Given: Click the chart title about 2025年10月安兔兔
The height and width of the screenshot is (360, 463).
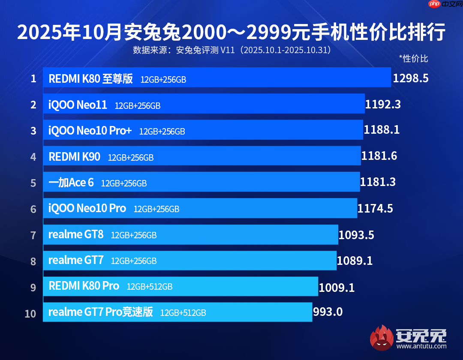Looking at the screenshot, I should pos(231,33).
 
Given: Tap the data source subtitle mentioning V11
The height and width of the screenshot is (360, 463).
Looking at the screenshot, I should pos(231,50).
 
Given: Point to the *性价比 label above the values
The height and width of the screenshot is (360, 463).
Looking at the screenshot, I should pos(413,58).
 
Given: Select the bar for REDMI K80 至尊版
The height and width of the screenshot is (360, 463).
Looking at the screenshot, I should pos(216,78).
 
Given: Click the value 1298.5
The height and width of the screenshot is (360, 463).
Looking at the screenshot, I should pos(411,78).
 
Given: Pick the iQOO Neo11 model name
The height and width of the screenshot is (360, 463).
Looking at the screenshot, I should pos(78,105).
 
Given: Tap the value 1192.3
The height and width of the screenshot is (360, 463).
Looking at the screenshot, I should pos(383,104).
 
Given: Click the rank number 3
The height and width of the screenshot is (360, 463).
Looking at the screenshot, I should pos(33,131).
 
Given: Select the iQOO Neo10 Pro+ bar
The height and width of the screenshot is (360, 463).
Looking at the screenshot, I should pos(203,130).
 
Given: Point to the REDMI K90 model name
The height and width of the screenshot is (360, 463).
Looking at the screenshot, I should pos(75,157).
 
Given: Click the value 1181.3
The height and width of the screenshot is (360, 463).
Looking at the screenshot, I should pos(378,182).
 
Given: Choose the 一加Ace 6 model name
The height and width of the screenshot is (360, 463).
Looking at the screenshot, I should pos(71,183).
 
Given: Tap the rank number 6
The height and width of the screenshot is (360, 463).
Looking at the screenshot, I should pos(33,209).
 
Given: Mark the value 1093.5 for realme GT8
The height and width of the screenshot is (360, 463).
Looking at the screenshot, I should pos(356,235).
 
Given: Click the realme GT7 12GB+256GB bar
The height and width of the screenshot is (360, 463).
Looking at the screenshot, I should pos(189,261).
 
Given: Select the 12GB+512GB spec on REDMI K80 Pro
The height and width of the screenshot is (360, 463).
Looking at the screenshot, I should pos(150,287).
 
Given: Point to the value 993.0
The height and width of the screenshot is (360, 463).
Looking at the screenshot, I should pos(328,312).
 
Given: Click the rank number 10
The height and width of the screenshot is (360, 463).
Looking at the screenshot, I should pos(30,314).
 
